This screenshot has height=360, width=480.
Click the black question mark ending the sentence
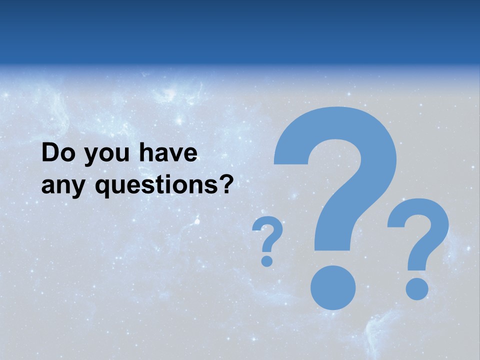pos(226,184)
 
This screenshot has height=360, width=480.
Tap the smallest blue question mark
pos(267,240)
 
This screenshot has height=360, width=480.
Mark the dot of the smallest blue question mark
pos(267,260)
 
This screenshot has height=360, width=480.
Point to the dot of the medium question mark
pos(417,288)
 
